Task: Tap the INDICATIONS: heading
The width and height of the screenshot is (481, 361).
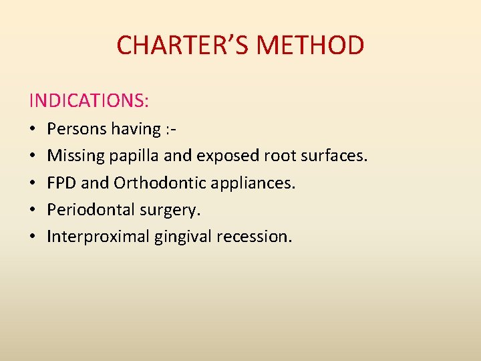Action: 89,101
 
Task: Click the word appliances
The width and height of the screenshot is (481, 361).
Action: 258,183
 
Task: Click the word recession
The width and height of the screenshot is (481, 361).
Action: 254,237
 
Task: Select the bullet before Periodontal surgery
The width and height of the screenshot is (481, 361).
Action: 33,211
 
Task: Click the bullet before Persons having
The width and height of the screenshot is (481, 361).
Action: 33,129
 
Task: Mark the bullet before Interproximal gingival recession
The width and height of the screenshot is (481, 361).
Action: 33,237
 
